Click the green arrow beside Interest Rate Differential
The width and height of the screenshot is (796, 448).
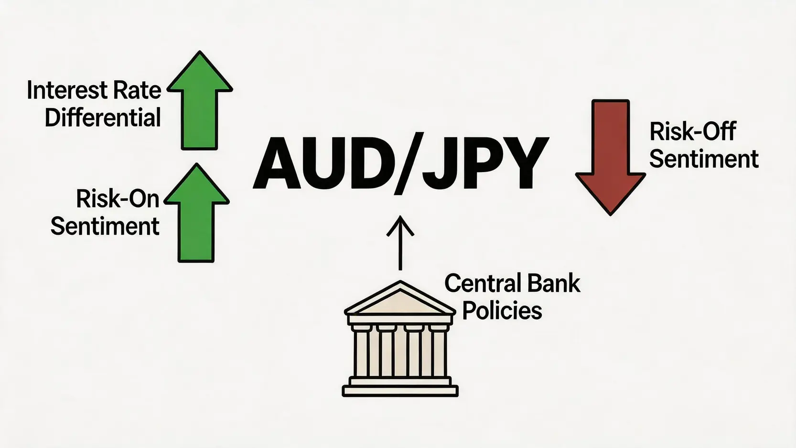[200, 101]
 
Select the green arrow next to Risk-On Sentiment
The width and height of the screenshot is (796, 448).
[196, 213]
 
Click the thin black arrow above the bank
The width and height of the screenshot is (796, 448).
[400, 242]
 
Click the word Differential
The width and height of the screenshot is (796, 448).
[103, 118]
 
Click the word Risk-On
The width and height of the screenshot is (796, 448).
[118, 198]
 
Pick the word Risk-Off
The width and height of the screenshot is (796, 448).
[693, 131]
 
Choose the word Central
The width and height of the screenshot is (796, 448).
[480, 284]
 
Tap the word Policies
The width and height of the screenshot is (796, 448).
[502, 310]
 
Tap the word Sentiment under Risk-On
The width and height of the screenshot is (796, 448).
[105, 226]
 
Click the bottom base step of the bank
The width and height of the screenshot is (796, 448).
[400, 392]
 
